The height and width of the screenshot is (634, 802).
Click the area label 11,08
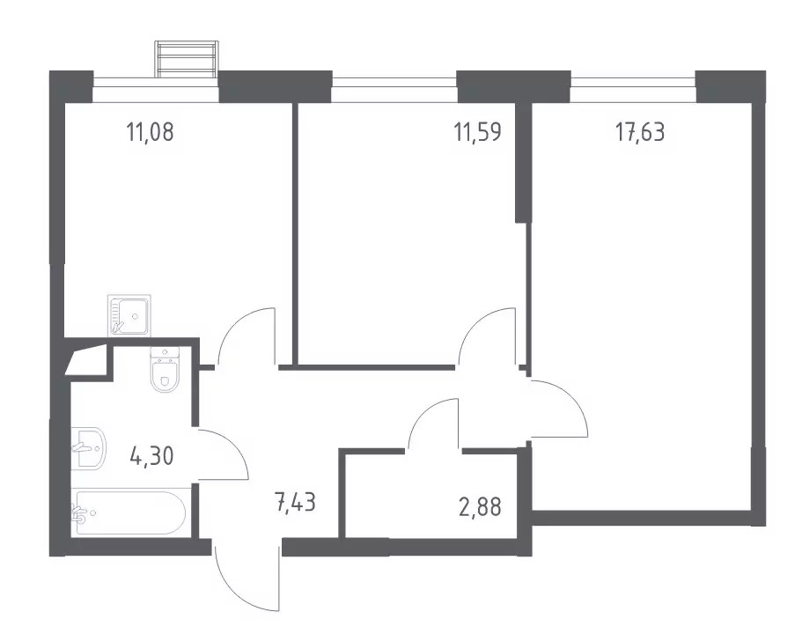[151, 132]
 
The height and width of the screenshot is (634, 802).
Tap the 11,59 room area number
[478, 132]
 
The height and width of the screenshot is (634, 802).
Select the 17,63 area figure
[640, 132]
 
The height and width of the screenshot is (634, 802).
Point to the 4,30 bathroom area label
[152, 455]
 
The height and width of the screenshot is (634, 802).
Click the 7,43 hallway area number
[295, 503]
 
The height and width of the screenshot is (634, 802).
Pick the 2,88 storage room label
[480, 506]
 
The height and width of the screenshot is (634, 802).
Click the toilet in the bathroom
[164, 370]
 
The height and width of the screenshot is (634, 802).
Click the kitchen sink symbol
[129, 315]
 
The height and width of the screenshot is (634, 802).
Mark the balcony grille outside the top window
[188, 59]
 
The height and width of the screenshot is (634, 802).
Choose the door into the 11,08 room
[246, 338]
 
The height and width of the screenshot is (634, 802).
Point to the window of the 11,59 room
[394, 82]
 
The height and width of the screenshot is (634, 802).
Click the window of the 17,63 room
[633, 82]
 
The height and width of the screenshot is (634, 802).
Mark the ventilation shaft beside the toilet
[86, 361]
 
